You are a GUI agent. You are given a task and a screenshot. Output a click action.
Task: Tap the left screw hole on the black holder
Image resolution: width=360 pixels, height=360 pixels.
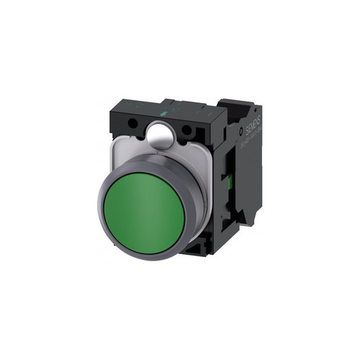[x=132, y=125]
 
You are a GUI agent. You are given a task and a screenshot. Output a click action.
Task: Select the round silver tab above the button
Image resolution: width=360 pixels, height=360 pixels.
[x=161, y=134]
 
